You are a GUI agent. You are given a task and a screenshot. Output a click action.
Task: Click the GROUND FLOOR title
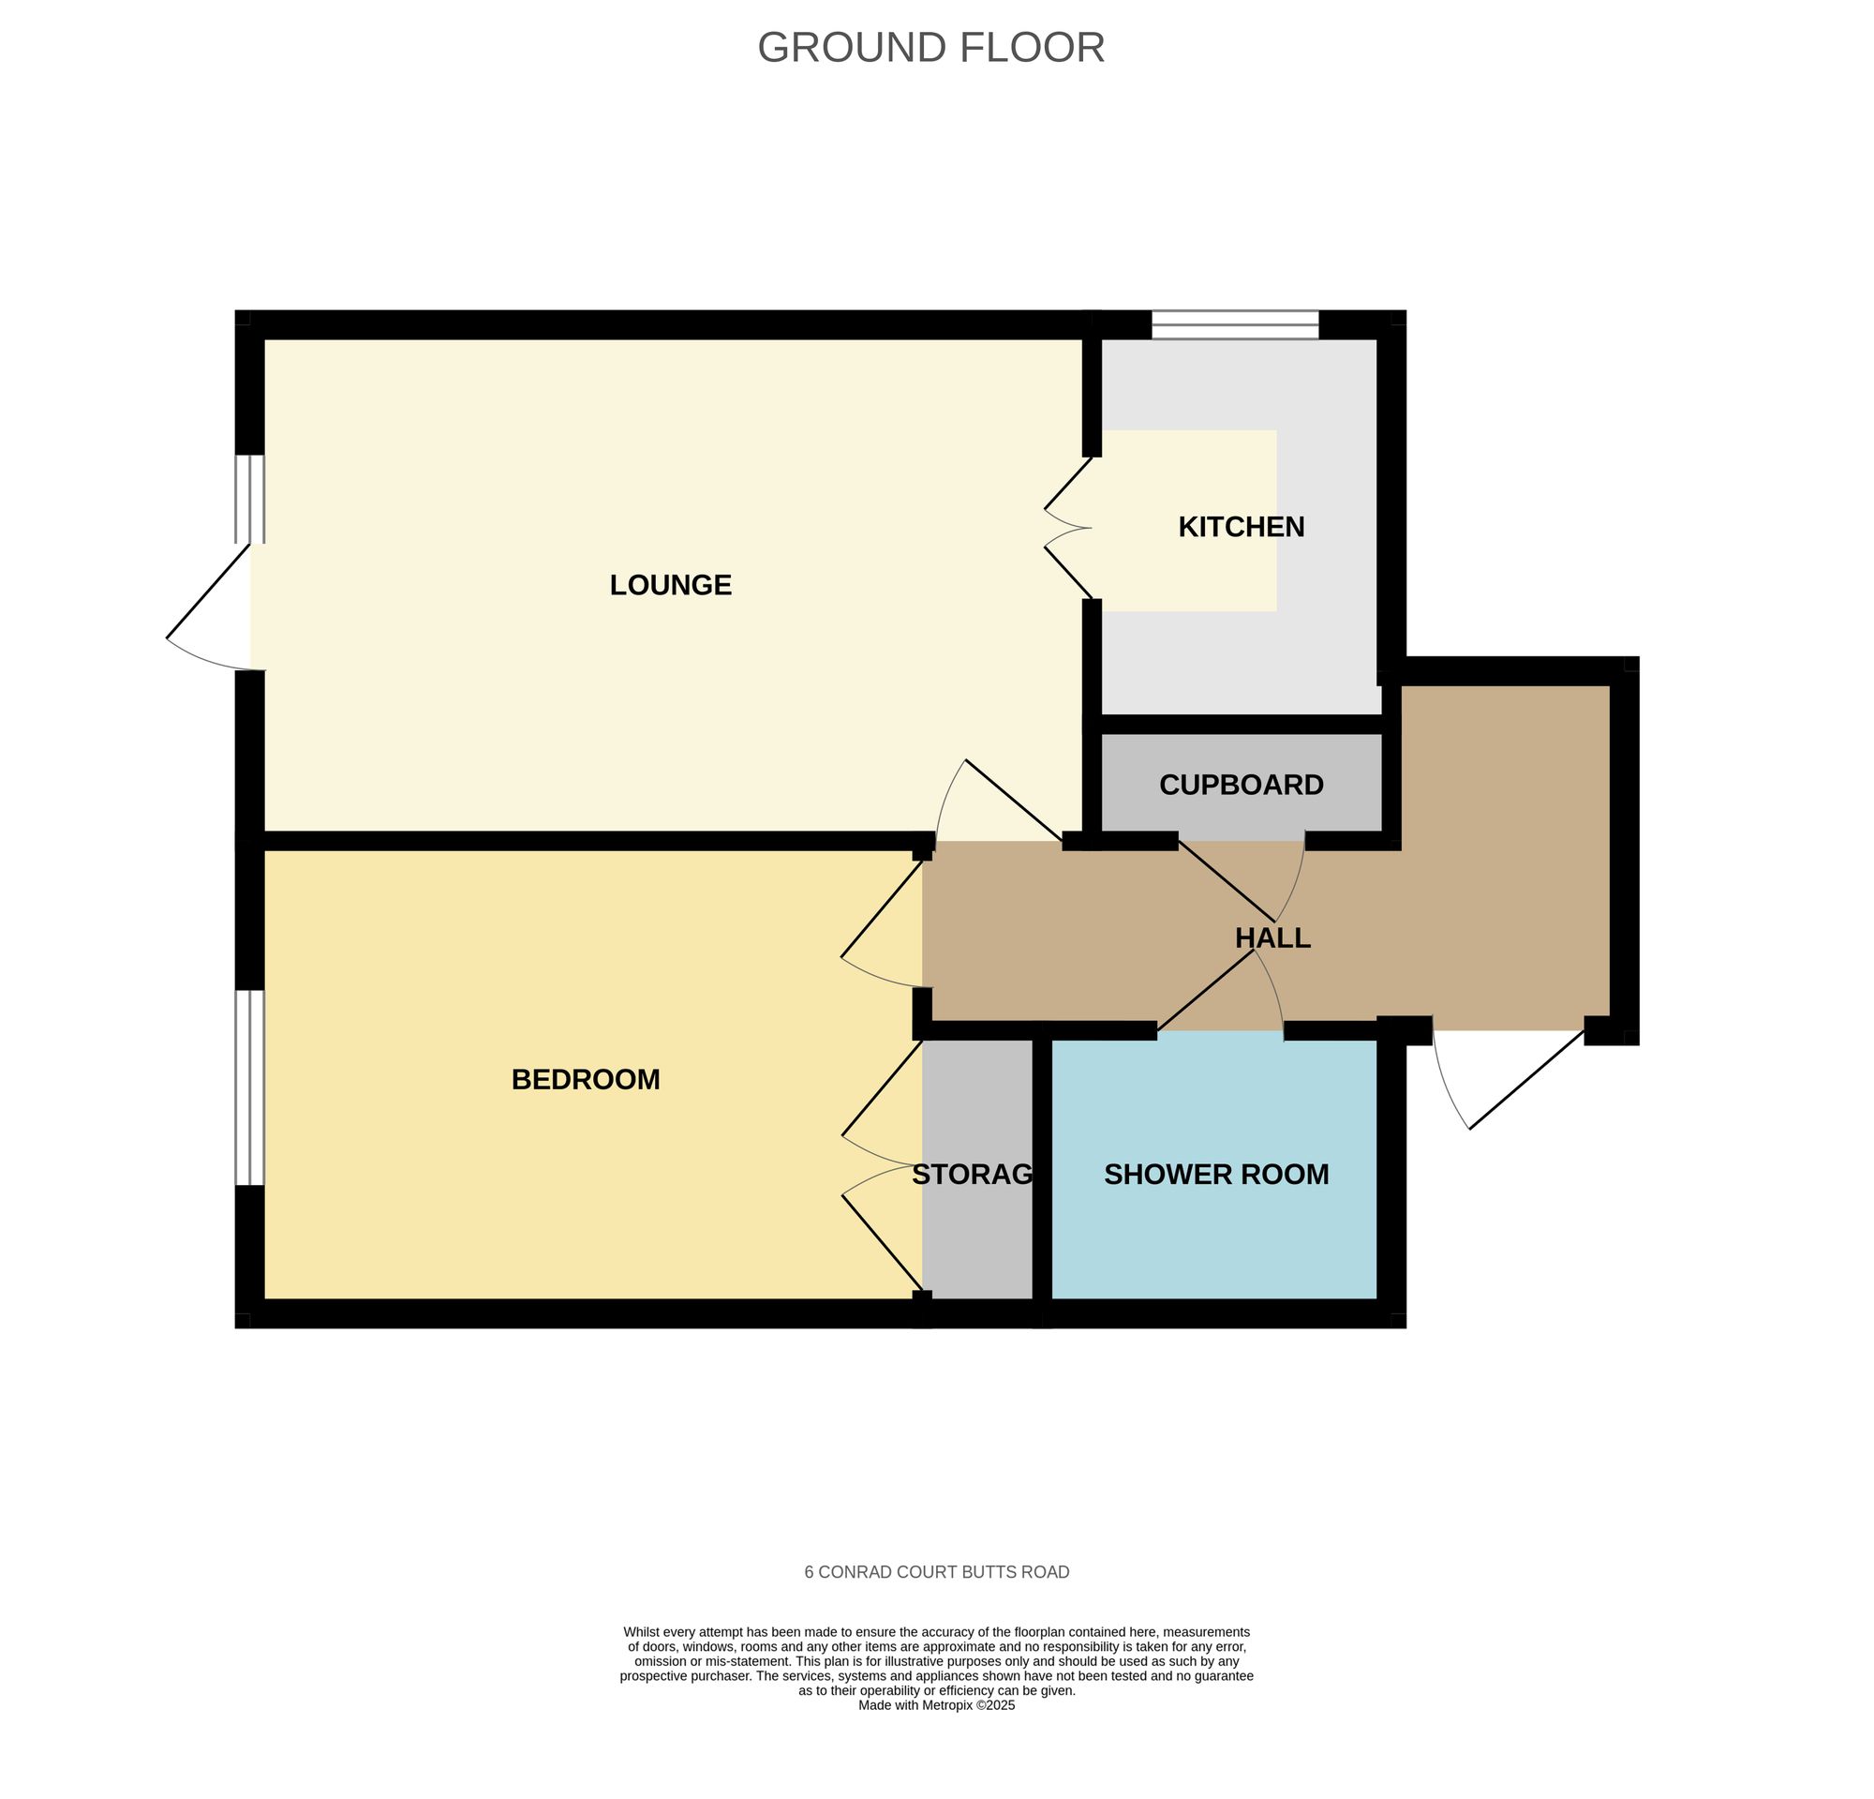click(x=930, y=48)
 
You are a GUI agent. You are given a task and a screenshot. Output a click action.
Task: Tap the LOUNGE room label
click(x=670, y=584)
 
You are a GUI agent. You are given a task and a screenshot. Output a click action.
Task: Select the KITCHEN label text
click(x=1240, y=527)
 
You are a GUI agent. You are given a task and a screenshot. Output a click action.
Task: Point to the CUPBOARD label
click(x=1240, y=786)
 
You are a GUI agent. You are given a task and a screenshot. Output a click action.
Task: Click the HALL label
click(x=1272, y=938)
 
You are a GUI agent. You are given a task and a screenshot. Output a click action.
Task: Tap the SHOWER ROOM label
click(x=1215, y=1175)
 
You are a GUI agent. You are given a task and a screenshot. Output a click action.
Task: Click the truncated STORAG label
click(x=973, y=1175)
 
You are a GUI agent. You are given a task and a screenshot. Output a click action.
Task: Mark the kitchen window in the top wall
click(x=1234, y=325)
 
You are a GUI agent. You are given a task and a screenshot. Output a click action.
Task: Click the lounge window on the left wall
click(x=249, y=500)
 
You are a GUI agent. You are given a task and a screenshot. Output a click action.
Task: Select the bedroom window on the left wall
click(x=249, y=1087)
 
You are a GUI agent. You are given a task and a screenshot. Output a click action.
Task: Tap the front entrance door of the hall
click(x=1510, y=1076)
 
